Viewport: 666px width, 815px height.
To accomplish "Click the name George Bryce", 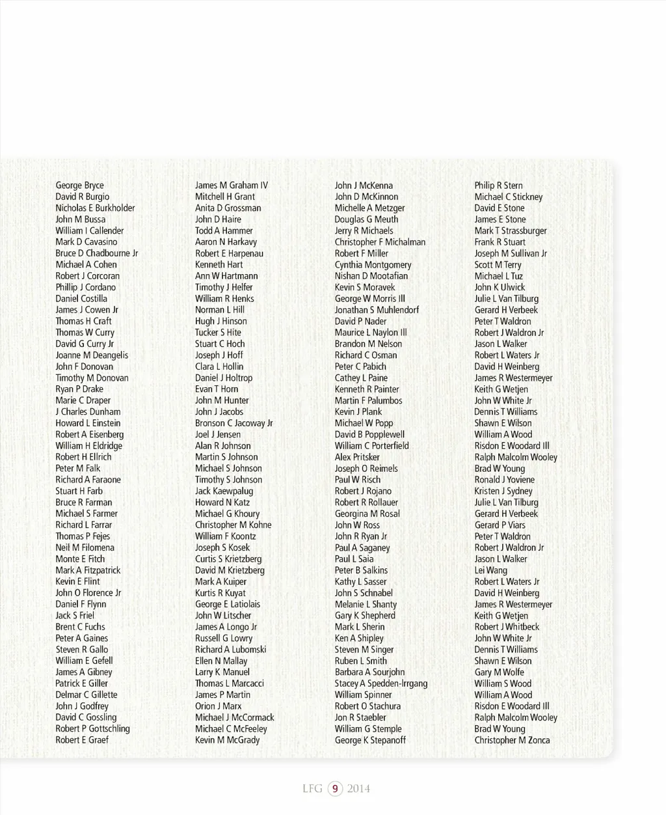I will (x=79, y=186).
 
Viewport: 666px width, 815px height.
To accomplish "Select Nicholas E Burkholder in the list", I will (x=95, y=208).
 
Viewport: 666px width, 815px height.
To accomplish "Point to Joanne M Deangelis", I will (x=92, y=355).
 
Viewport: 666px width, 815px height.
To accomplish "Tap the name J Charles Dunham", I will (x=88, y=412).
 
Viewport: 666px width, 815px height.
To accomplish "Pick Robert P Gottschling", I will (x=92, y=729).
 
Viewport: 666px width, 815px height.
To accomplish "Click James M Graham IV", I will (x=232, y=186).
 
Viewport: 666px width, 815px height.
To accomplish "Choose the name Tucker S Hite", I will (x=218, y=333).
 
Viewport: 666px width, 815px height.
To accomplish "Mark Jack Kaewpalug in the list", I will (x=224, y=491).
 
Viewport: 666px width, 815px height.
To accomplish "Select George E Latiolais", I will (x=228, y=605).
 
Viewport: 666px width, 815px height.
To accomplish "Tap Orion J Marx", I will (x=218, y=706).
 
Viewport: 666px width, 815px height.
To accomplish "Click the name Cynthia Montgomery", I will (x=373, y=265).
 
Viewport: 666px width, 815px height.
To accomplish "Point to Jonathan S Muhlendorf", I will (x=377, y=311).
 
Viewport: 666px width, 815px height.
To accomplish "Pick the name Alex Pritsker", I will (x=357, y=458).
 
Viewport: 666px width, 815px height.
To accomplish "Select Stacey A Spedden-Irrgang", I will (x=381, y=684).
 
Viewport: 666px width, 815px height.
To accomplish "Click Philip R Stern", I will (x=498, y=186).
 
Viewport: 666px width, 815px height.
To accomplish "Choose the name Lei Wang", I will (x=490, y=571).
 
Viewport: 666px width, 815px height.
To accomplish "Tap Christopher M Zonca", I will (x=512, y=740).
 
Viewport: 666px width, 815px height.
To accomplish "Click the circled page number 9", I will (x=335, y=789).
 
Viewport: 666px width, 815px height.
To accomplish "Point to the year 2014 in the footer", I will (x=358, y=789).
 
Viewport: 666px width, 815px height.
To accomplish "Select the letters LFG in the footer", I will (x=312, y=789).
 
